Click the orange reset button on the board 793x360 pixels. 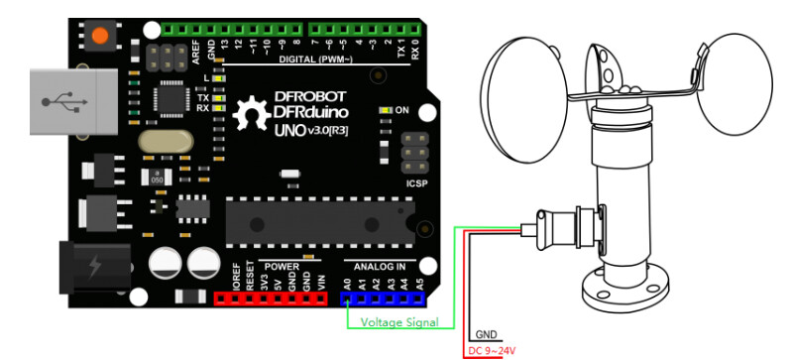(x=99, y=37)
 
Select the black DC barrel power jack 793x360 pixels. (x=93, y=268)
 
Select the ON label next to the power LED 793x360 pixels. (x=403, y=109)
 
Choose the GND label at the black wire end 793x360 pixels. (x=488, y=335)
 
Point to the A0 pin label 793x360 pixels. (x=347, y=285)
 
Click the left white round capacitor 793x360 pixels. (x=165, y=263)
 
